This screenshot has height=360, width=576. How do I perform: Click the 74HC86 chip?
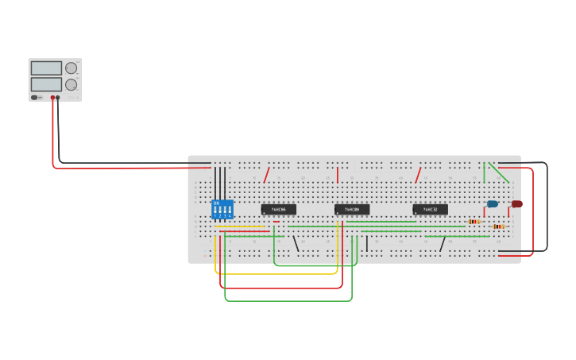(278, 210)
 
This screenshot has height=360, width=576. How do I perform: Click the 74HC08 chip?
(352, 210)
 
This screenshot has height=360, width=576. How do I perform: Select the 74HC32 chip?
(430, 210)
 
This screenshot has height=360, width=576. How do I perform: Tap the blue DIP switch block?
(222, 210)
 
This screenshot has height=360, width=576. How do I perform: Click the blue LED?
(493, 204)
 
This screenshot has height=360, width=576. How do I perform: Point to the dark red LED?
(516, 204)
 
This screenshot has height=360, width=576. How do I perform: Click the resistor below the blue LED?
(474, 222)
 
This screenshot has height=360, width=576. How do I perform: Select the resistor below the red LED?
(498, 226)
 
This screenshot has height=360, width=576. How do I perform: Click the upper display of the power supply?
(46, 68)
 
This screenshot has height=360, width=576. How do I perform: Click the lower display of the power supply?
(46, 84)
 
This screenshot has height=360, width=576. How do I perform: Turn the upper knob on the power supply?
(72, 68)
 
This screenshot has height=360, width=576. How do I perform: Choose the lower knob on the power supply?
(72, 84)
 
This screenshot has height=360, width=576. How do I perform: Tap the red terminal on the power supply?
(52, 98)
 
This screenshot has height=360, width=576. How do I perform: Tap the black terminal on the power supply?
(58, 98)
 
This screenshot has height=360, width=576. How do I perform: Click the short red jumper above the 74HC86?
(267, 175)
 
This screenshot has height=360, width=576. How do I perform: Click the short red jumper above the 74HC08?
(338, 175)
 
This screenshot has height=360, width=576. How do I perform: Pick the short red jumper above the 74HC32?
(418, 175)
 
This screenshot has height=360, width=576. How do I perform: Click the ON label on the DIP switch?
(216, 203)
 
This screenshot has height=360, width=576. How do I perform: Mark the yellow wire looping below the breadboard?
(278, 274)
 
